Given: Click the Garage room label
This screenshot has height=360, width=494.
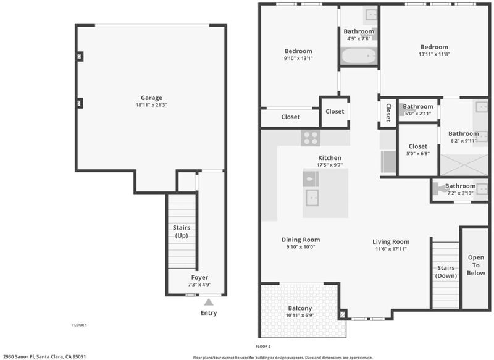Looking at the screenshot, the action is pyautogui.click(x=151, y=98).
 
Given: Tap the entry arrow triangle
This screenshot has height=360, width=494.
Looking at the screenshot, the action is pyautogui.click(x=209, y=303).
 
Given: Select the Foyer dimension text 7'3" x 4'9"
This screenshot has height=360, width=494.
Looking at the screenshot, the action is pyautogui.click(x=199, y=285).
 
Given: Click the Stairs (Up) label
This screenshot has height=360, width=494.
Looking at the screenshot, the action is pyautogui.click(x=182, y=232).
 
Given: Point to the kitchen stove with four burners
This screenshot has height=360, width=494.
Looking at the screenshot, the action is pyautogui.click(x=311, y=138).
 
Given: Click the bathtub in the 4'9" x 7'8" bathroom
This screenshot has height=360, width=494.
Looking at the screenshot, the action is pyautogui.click(x=359, y=56).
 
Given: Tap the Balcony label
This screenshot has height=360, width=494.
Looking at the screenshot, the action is pyautogui.click(x=300, y=308).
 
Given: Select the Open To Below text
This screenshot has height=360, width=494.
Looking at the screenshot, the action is pyautogui.click(x=475, y=265).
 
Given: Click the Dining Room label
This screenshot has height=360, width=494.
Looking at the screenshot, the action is pyautogui.click(x=301, y=240).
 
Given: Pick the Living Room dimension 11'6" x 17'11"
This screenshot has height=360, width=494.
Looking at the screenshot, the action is pyautogui.click(x=391, y=249).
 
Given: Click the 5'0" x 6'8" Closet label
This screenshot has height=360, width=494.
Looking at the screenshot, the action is pyautogui.click(x=418, y=146).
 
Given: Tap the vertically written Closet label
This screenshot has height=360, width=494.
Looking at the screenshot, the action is pyautogui.click(x=388, y=112).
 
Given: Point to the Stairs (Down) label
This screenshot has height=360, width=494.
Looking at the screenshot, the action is pyautogui.click(x=446, y=272).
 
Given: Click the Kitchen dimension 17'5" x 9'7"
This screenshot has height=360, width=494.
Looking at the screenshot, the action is pyautogui.click(x=330, y=165).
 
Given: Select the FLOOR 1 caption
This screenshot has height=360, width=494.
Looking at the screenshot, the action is pyautogui.click(x=80, y=325).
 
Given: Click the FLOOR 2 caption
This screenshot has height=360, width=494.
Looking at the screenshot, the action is pyautogui.click(x=263, y=346).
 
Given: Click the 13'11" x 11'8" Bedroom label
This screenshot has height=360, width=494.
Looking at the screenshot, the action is pyautogui.click(x=434, y=48).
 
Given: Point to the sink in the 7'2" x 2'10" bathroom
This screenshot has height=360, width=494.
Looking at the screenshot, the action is pyautogui.click(x=482, y=189).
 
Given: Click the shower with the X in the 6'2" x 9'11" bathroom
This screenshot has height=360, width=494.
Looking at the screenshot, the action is pyautogui.click(x=464, y=165).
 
